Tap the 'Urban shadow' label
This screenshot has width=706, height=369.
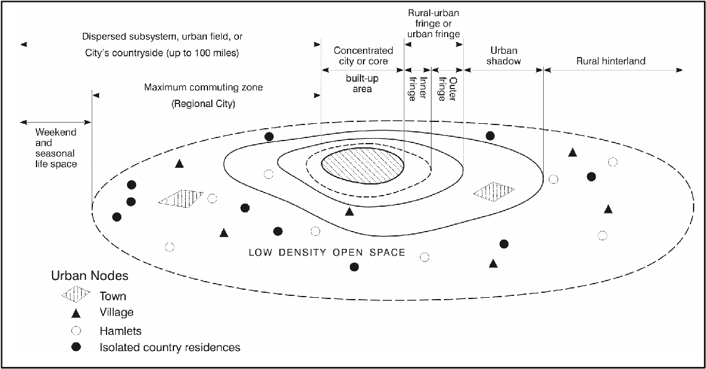click(504, 56)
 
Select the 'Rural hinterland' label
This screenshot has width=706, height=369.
click(611, 61)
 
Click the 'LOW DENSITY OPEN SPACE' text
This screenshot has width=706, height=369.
click(326, 253)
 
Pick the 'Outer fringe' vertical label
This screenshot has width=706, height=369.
click(447, 88)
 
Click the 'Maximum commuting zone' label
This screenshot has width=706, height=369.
click(203, 88)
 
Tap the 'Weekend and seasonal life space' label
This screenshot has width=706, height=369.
click(55, 148)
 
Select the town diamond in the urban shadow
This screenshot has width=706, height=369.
click(494, 192)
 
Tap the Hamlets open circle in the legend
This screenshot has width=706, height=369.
click(76, 331)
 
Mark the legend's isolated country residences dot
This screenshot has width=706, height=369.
click(76, 347)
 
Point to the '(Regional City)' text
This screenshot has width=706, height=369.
click(203, 104)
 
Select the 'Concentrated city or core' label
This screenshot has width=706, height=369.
click(362, 56)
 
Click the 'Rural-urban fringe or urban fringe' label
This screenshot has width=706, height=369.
click(434, 24)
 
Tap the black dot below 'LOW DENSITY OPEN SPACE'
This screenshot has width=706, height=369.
click(354, 267)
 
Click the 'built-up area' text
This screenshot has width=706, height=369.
click(362, 84)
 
